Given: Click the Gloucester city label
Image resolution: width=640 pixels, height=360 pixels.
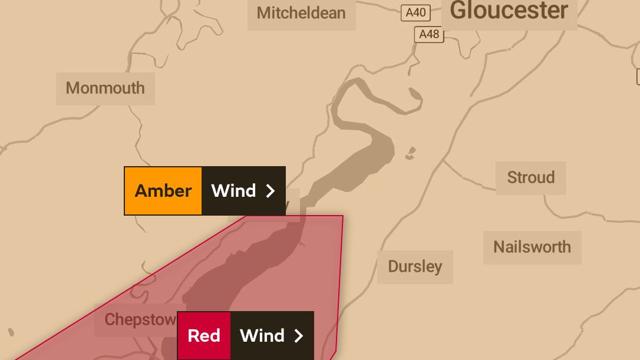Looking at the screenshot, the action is [509, 11].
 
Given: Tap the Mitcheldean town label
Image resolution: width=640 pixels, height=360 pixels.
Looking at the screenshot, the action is [301, 13].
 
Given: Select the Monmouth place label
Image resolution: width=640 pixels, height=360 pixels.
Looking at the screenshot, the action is [105, 88].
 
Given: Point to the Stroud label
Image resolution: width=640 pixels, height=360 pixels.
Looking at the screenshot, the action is [530, 177].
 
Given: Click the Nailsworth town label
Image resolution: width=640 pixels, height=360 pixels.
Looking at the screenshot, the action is [532, 247].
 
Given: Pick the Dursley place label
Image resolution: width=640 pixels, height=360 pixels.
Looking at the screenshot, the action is [414, 266].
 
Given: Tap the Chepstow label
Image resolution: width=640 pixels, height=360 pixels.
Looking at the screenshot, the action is [140, 319].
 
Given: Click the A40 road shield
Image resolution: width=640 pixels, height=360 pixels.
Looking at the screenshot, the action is [415, 12].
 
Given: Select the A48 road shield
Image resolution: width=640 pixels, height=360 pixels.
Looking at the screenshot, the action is [429, 34].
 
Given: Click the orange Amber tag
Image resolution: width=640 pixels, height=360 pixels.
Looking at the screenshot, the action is [163, 191].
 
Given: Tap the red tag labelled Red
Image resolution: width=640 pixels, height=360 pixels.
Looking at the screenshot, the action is [204, 336].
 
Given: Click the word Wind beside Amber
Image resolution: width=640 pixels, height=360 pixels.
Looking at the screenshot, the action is [233, 191].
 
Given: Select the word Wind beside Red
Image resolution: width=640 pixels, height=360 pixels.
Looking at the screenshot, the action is [262, 336].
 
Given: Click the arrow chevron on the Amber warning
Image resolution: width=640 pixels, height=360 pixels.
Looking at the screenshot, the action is [270, 191].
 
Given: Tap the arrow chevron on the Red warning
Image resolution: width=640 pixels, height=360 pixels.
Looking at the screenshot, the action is [299, 336].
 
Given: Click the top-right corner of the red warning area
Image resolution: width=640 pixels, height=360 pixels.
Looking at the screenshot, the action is [342, 216].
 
